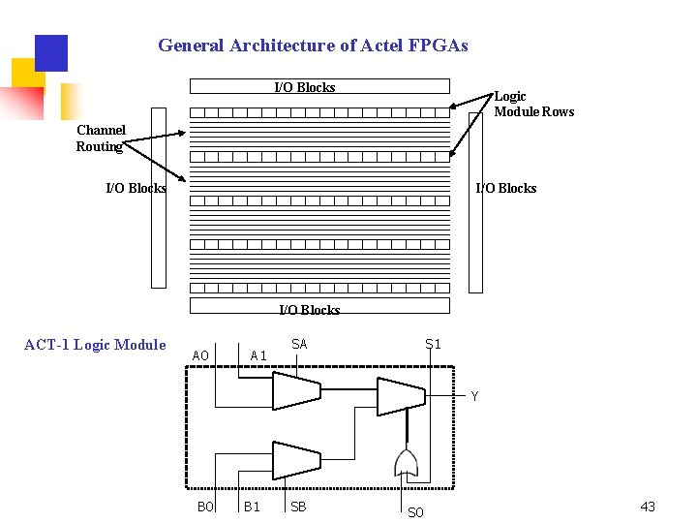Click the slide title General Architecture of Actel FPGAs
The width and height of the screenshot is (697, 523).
tap(313, 46)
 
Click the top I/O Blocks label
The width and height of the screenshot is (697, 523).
tap(305, 88)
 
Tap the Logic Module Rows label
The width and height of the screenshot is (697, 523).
tap(533, 104)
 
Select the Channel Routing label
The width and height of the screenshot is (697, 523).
tap(101, 138)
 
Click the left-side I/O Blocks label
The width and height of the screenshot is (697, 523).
tap(136, 188)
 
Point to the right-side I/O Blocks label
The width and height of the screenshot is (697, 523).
tap(505, 188)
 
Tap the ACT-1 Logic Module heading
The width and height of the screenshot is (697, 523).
tap(95, 345)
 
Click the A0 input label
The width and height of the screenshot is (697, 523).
tap(200, 356)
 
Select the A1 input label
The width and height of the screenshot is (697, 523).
tap(258, 355)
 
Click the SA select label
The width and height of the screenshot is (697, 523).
tap(299, 344)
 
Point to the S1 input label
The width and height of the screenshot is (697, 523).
tap(433, 344)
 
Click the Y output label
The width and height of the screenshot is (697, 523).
tap(474, 396)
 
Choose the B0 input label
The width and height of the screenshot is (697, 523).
tap(204, 507)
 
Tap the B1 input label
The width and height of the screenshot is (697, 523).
tap(252, 507)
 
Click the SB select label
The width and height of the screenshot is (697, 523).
tap(298, 507)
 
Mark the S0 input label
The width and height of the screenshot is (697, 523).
tap(415, 512)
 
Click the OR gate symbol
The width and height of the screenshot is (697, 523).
tap(405, 463)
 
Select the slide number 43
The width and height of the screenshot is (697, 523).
tap(648, 508)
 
